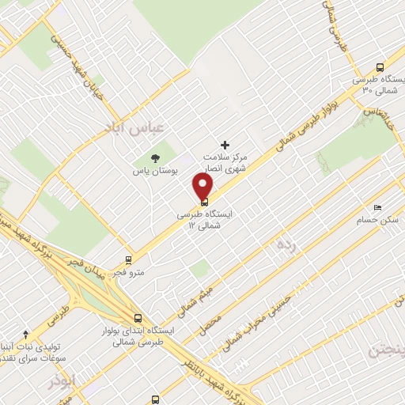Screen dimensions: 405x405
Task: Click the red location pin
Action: pyautogui.click(x=203, y=187)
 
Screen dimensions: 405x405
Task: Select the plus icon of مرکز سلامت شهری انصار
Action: pyautogui.click(x=225, y=146)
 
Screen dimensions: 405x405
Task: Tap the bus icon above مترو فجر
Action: pyautogui.click(x=128, y=259)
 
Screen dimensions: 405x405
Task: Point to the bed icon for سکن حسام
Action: pyautogui.click(x=377, y=208)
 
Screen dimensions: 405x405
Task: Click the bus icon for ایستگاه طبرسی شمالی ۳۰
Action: pyautogui.click(x=380, y=67)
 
